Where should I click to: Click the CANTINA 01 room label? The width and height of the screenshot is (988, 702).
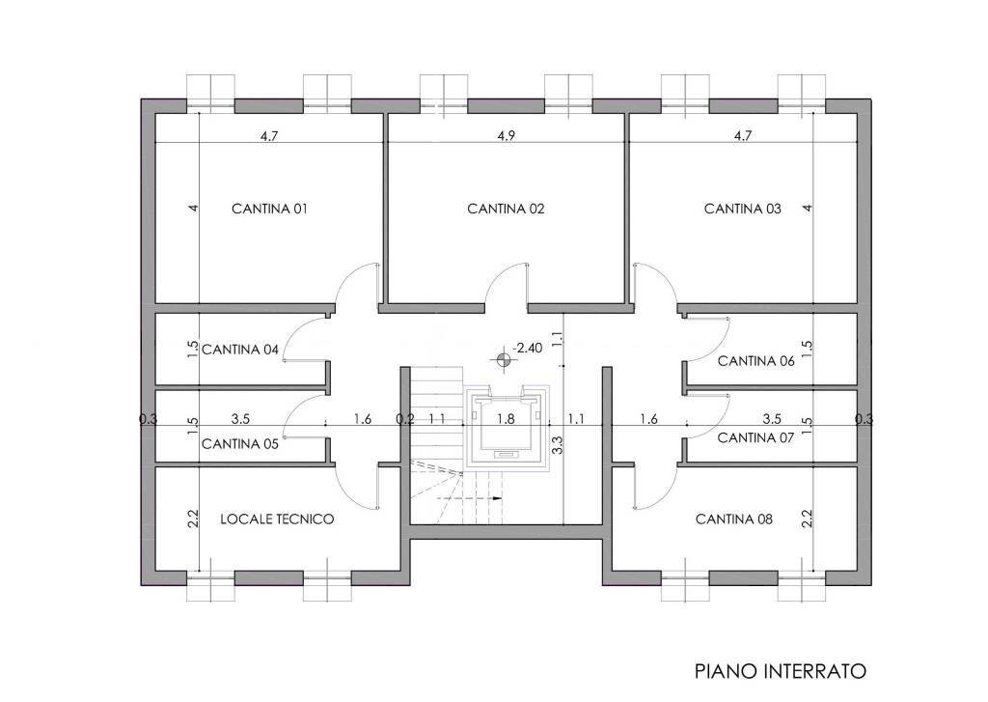pos(269,209)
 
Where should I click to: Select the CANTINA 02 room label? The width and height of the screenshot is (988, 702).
pos(506,209)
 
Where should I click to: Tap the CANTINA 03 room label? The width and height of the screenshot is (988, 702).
pos(742,209)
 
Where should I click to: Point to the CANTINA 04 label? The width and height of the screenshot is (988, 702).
pos(240,350)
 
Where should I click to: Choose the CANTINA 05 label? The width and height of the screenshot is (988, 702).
pos(240,444)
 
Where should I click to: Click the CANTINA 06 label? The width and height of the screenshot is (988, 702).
pos(755,361)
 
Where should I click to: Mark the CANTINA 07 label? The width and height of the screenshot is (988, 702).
pos(755,437)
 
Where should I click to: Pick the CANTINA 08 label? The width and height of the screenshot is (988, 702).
pos(734,519)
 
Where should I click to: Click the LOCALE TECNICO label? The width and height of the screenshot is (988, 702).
pos(277,519)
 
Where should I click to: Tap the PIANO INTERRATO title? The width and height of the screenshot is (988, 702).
pos(781,670)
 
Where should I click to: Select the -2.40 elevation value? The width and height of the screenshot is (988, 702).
pos(528,348)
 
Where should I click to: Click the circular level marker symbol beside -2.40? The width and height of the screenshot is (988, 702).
pos(502,359)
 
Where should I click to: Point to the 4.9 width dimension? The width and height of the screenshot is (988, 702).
pos(506,136)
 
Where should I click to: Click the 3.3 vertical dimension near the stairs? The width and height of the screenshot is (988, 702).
pos(557,445)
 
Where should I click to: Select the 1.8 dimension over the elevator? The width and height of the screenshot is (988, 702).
pos(506,420)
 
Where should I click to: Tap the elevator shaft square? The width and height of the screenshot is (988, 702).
pos(506,427)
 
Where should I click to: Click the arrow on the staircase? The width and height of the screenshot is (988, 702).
pos(496,499)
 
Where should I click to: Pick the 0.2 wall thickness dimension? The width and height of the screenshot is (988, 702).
pos(404,420)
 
